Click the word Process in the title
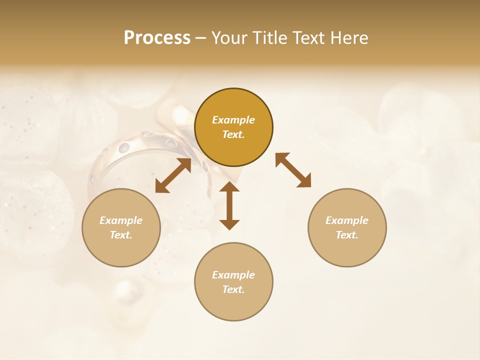point(157,38)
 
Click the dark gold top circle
point(233,100)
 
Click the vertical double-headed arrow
point(229,205)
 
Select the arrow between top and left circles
point(173,175)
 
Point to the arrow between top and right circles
point(293,170)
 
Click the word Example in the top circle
point(233,120)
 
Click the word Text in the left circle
point(121,235)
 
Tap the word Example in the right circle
point(347,220)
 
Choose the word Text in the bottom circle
point(233,289)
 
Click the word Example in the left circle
point(121,220)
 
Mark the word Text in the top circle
point(233,134)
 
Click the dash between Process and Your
point(201,38)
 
